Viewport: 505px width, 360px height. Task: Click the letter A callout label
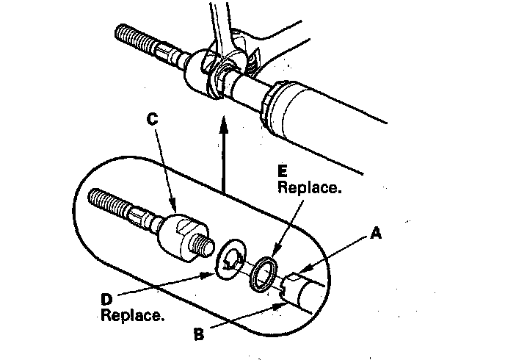377,234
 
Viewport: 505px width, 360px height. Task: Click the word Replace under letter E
310,188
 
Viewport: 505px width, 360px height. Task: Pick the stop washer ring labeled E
266,273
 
